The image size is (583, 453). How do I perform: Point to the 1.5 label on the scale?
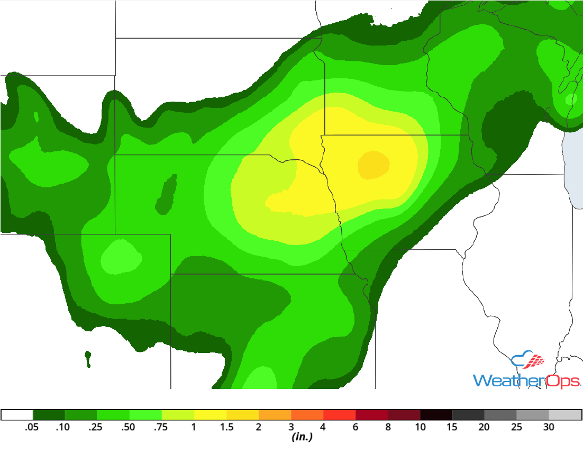click(x=226, y=427)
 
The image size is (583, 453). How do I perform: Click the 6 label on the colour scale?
click(x=356, y=427)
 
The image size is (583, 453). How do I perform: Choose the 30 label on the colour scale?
click(x=549, y=427)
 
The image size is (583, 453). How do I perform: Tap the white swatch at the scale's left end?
click(x=17, y=415)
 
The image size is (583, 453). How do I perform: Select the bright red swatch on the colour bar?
click(x=339, y=415)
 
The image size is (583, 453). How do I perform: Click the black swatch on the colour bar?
click(x=436, y=415)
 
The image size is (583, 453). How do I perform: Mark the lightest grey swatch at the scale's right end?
click(x=565, y=415)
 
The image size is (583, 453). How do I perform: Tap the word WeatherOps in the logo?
click(x=527, y=380)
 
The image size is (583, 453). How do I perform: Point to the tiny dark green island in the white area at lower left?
click(x=87, y=358)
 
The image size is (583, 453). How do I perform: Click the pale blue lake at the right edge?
click(x=574, y=169)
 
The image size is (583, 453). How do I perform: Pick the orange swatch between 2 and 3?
click(x=275, y=415)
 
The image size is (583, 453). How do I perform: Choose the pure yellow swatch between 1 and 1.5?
click(x=210, y=415)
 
